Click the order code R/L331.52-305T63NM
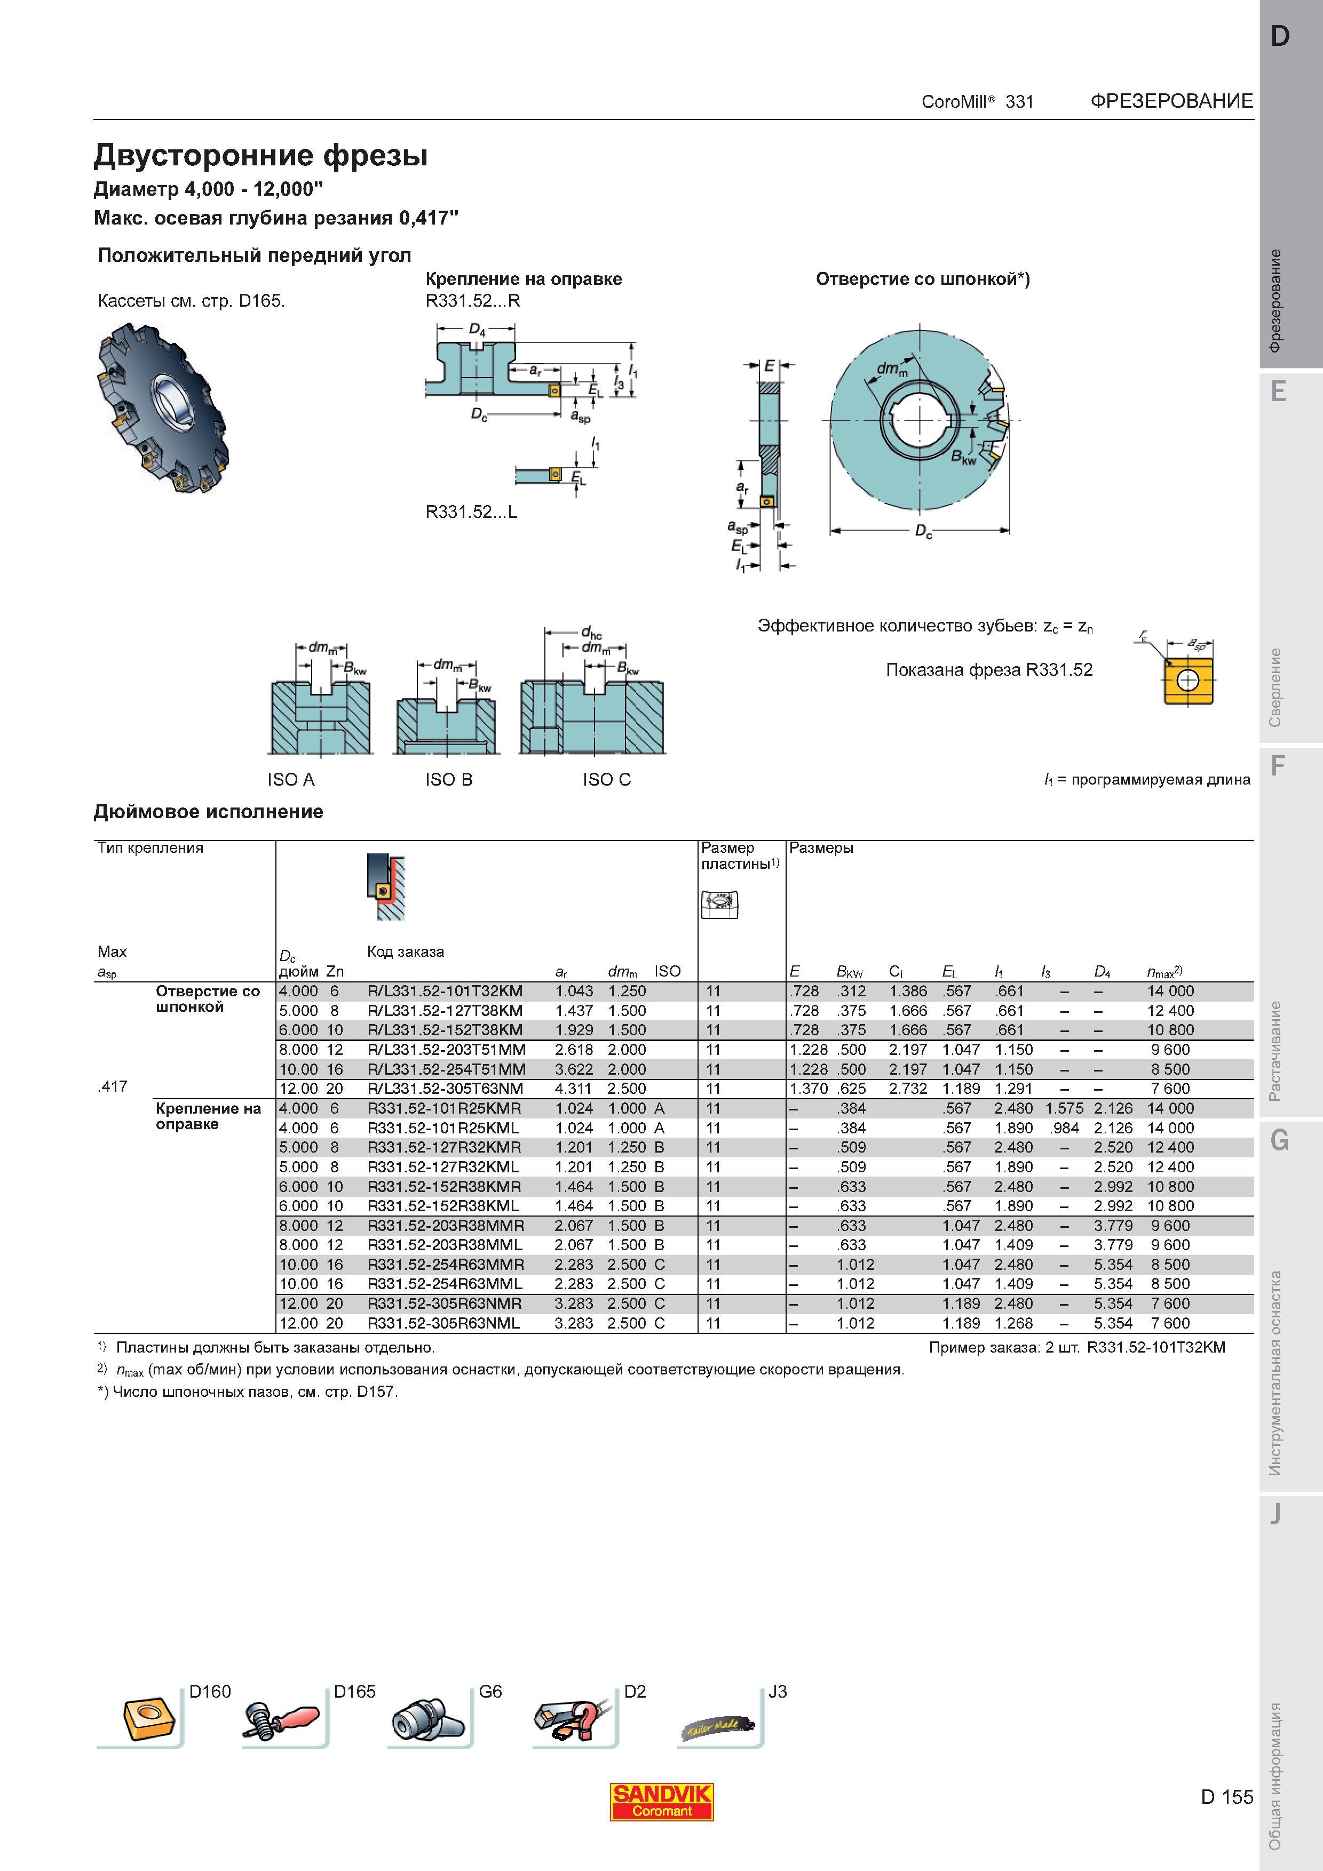click(x=445, y=1089)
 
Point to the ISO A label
click(x=290, y=780)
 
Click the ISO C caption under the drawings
click(x=606, y=780)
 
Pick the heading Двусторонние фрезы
click(x=261, y=155)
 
